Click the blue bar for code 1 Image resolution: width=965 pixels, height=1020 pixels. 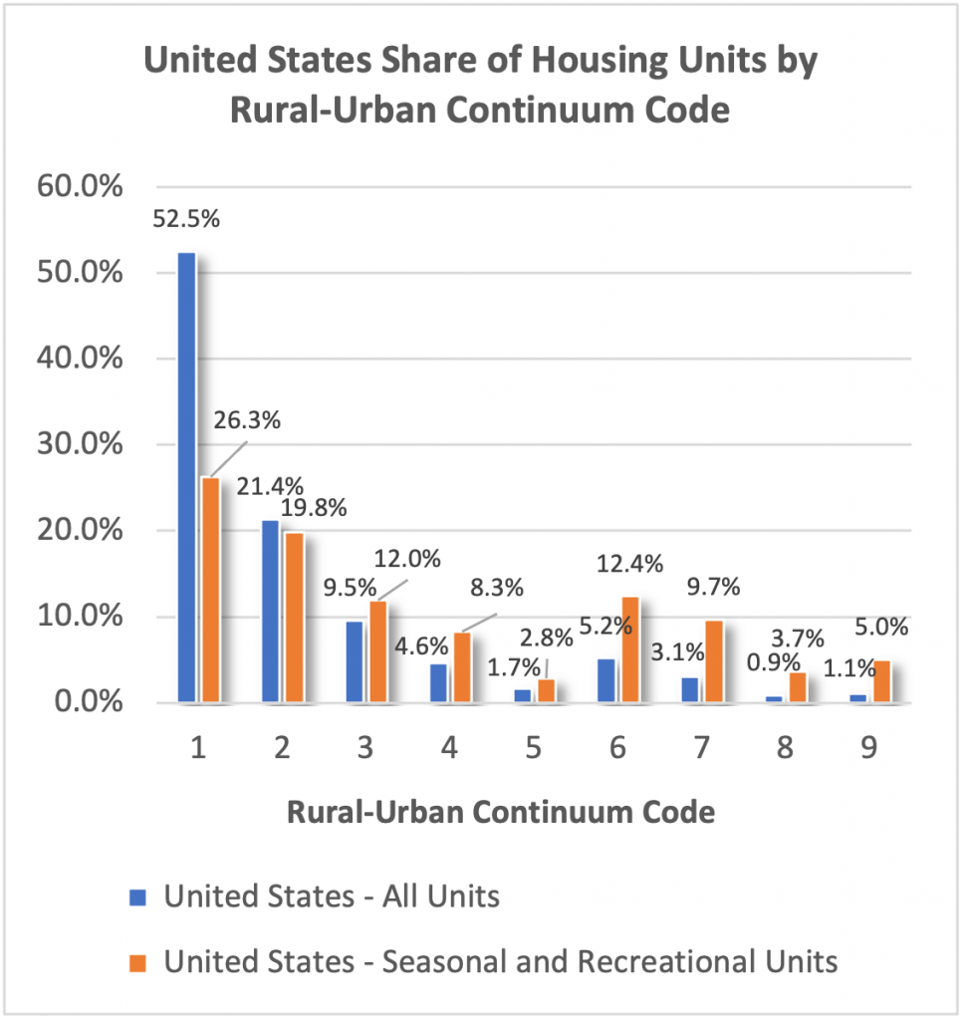[x=186, y=477]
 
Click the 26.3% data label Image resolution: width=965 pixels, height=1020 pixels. [x=247, y=420]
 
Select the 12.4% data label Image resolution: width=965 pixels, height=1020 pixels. [x=630, y=565]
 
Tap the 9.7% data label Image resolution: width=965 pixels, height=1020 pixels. [x=714, y=588]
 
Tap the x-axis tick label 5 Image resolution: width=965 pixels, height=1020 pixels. [x=534, y=748]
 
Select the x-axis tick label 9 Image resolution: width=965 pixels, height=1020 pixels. [x=869, y=748]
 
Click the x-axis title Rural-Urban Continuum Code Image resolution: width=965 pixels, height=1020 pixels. [x=501, y=812]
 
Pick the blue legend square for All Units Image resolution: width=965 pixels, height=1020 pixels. [x=138, y=897]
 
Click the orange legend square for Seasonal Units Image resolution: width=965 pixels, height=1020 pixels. [x=138, y=962]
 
